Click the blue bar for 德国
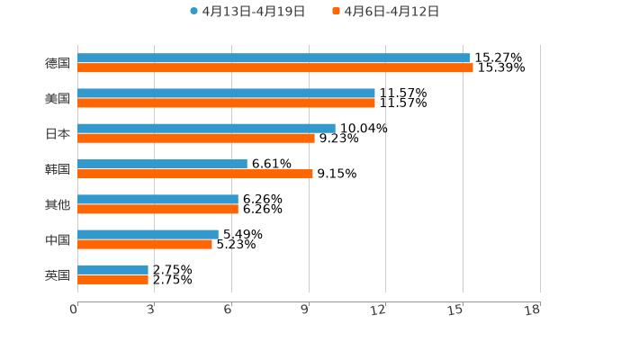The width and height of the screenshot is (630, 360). click(x=274, y=58)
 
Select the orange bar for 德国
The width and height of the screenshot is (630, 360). click(x=275, y=67)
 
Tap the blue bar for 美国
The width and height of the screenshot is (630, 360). click(x=226, y=93)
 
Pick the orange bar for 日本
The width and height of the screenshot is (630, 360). click(x=196, y=138)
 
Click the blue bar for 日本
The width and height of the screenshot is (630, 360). click(x=206, y=128)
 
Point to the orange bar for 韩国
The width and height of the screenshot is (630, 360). click(x=195, y=174)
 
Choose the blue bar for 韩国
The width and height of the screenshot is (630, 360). click(x=162, y=164)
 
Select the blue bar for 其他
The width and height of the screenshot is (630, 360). click(x=157, y=199)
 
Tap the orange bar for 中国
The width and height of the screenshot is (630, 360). click(x=145, y=244)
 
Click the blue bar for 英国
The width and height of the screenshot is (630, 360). click(x=112, y=269)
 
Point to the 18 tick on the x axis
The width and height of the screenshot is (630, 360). click(x=533, y=310)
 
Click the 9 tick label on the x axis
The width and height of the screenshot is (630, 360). click(x=305, y=310)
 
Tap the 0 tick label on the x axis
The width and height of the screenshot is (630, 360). click(x=74, y=310)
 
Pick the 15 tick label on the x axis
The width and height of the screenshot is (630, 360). click(x=456, y=310)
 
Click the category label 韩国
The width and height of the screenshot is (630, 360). click(x=58, y=169)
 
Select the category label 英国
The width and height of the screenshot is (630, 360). click(x=58, y=275)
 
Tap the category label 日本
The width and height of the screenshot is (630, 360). click(x=58, y=134)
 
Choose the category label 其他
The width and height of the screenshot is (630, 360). click(x=58, y=204)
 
